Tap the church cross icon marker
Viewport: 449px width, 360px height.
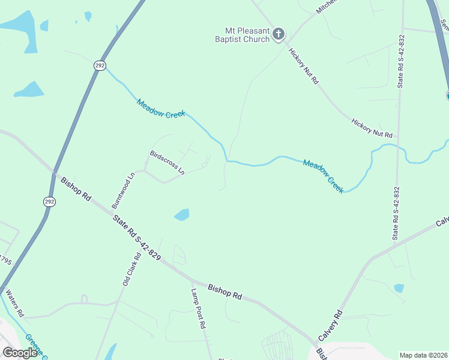pos(278,34)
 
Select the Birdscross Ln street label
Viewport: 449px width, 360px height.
pos(167,162)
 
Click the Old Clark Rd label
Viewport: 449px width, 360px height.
pos(131,269)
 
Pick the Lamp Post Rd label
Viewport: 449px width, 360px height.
pos(198,308)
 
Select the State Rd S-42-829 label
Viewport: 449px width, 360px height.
pos(137,238)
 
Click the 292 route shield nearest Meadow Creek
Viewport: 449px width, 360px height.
pos(100,65)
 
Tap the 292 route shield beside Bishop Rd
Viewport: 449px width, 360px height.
pos(49,202)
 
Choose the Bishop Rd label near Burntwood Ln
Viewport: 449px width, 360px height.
pos(79,188)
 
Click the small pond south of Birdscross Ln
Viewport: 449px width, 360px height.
pos(181,214)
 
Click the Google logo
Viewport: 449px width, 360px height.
pos(20,353)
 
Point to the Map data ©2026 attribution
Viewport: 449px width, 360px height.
pos(423,355)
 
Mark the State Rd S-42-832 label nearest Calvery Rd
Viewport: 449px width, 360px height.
pos(396,213)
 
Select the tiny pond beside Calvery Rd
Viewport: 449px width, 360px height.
pos(399,288)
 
